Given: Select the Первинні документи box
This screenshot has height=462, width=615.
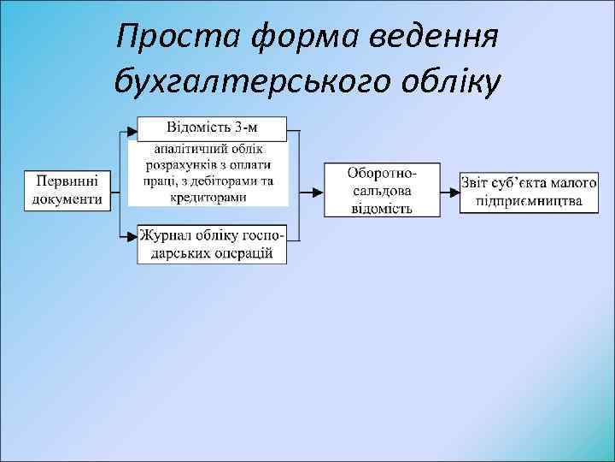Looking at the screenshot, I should pyautogui.click(x=67, y=190).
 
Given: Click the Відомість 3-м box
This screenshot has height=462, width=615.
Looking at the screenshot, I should pyautogui.click(x=212, y=129).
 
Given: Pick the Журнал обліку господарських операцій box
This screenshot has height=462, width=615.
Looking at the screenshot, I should pyautogui.click(x=212, y=244).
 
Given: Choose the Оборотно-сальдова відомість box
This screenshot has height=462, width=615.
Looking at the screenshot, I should pyautogui.click(x=381, y=189).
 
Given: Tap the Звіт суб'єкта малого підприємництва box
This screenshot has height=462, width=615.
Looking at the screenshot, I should pyautogui.click(x=527, y=191).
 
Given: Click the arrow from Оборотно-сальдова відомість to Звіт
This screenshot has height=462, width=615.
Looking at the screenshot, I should pyautogui.click(x=449, y=190).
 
